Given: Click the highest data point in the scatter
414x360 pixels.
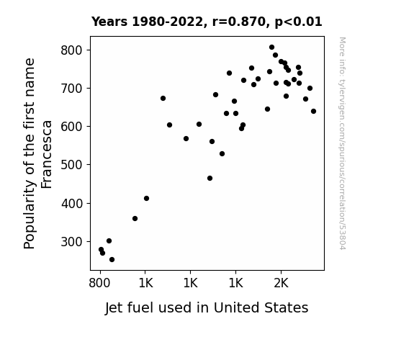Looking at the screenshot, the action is coord(271,48).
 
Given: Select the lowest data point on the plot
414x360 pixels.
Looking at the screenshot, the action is coord(112,260).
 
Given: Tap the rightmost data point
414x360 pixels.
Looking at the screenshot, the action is coord(313,111).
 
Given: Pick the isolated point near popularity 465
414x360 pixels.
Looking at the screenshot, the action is coord(210,179).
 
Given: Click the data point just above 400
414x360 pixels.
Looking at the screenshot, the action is coord(147,198).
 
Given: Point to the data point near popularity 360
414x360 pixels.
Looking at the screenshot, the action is coord(135,218).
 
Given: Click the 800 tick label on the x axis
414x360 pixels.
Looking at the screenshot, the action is coord(99,284).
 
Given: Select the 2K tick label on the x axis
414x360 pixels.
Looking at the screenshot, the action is coord(282,284).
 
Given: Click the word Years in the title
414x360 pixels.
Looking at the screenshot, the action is coord(109,22).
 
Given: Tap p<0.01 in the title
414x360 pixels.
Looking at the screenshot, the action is coord(298,22).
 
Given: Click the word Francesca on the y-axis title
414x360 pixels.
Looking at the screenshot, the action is coord(47,155).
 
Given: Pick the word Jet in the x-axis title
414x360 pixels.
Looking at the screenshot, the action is coord(114,308).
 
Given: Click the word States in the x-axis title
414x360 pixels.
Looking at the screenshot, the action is coord(287,307).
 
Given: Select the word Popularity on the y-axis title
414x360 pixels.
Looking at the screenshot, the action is coord(29,215).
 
